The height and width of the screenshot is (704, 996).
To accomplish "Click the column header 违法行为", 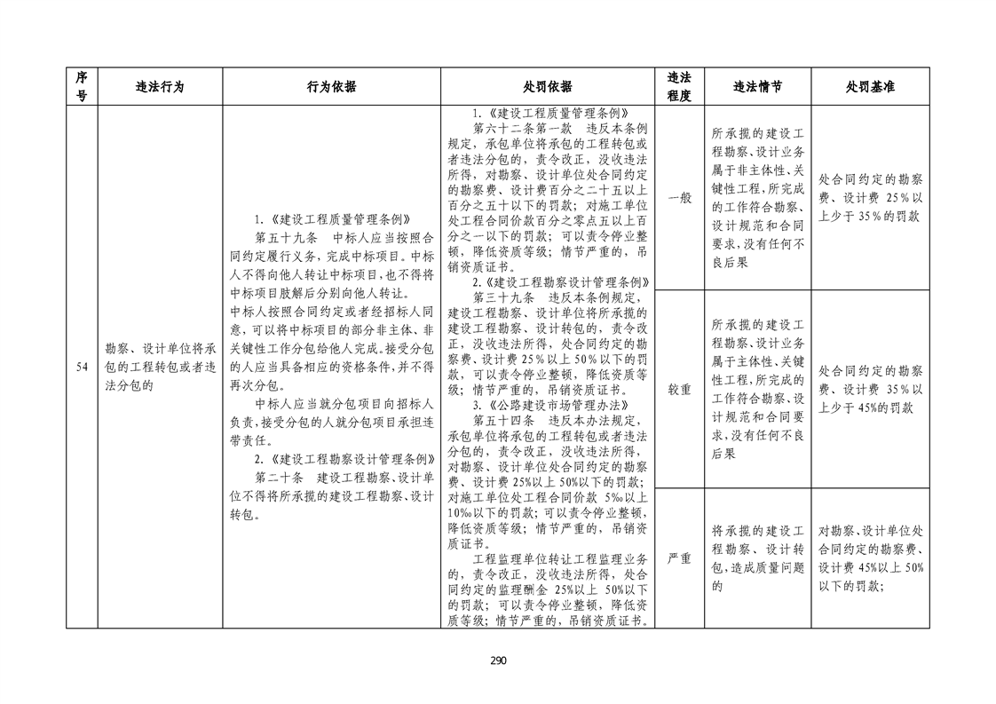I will point(160,87).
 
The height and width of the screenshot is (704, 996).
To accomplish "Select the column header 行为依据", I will point(331,87).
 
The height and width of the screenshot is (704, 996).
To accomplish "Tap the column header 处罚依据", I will point(547,87).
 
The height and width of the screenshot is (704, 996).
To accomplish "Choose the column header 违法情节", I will point(757,87).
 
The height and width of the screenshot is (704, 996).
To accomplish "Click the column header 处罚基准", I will point(869,87).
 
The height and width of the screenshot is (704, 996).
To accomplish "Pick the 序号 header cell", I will point(82,87).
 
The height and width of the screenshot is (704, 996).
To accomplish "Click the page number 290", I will point(497,660).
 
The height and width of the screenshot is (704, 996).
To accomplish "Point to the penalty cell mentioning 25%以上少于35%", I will point(869,197).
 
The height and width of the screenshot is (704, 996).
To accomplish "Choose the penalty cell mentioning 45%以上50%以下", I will point(869,558).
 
